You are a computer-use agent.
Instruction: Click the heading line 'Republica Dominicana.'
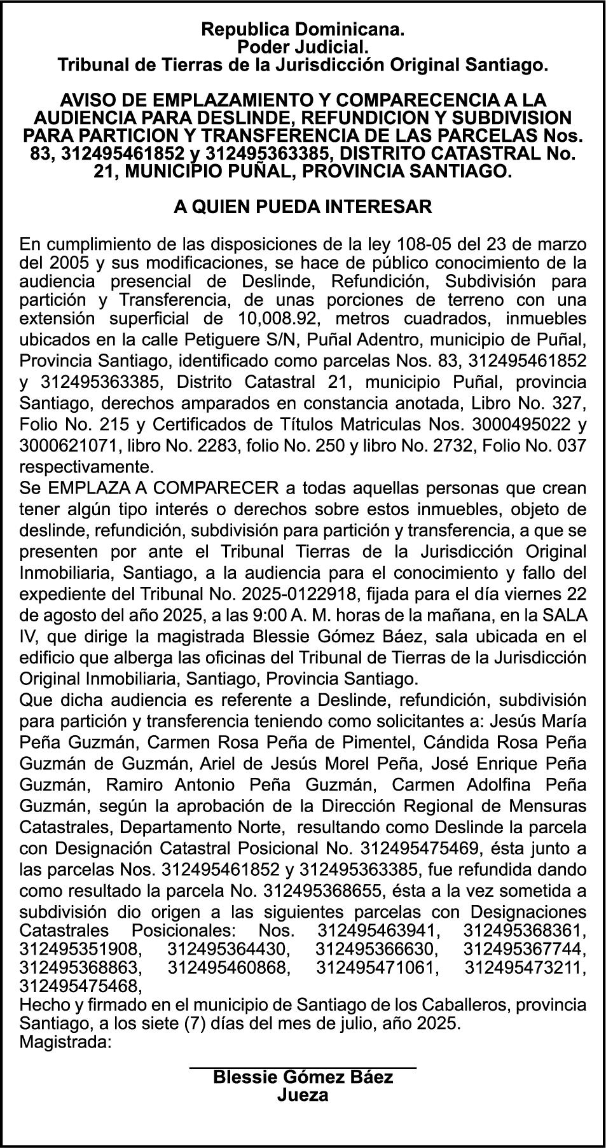[x=303, y=29]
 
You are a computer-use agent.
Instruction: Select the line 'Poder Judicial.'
[x=303, y=46]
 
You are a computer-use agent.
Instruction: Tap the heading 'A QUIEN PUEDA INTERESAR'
[x=303, y=207]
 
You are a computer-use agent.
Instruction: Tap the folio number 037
[x=571, y=446]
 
